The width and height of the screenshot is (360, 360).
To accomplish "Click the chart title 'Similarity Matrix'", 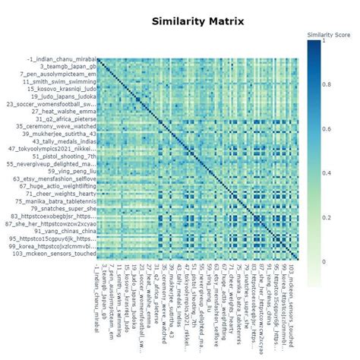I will point(197,21).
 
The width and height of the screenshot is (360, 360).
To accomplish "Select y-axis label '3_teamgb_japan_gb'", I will point(67,67).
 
